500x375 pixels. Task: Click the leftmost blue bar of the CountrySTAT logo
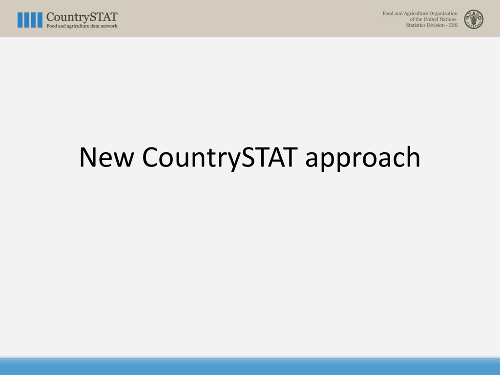pos(20,20)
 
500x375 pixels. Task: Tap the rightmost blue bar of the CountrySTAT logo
pos(40,20)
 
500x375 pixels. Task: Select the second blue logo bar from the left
pos(27,20)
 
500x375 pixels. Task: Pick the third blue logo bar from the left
pos(33,20)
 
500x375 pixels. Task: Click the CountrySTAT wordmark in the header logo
pos(82,17)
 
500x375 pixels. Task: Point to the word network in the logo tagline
pos(108,26)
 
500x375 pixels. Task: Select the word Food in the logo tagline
pos(52,26)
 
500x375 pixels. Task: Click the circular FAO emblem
pos(474,19)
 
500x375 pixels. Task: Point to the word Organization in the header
pos(443,14)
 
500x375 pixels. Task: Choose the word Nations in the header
pos(448,19)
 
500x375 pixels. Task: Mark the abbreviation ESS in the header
pos(453,25)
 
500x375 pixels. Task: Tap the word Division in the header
pos(436,25)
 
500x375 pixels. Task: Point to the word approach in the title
pos(363,159)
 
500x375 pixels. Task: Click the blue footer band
pos(250,366)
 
